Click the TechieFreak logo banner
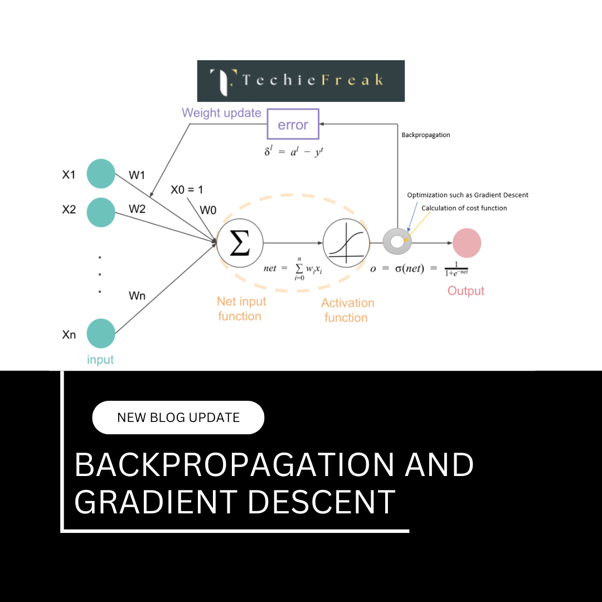[301, 81]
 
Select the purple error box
[293, 124]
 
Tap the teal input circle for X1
[101, 174]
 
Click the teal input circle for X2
[101, 212]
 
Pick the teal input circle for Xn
[101, 333]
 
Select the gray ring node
[397, 242]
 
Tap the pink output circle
[467, 243]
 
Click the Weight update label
[221, 113]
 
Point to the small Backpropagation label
[426, 135]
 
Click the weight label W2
[137, 209]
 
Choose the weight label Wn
[137, 295]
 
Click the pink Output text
[466, 291]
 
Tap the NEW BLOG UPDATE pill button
[178, 417]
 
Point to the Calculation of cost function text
[464, 208]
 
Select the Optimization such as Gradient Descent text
[468, 195]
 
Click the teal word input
[100, 360]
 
